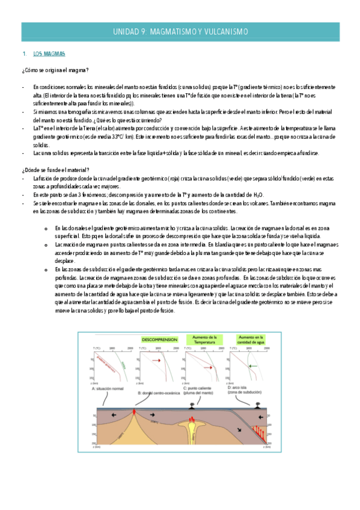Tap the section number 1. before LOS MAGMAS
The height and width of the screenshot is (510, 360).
click(23, 54)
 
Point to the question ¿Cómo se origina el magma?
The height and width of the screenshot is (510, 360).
click(55, 70)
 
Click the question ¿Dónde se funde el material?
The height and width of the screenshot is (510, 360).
click(55, 170)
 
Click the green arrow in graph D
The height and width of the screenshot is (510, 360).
click(253, 365)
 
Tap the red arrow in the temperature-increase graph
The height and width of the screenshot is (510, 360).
click(206, 366)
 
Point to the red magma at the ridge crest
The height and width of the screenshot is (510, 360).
click(135, 411)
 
